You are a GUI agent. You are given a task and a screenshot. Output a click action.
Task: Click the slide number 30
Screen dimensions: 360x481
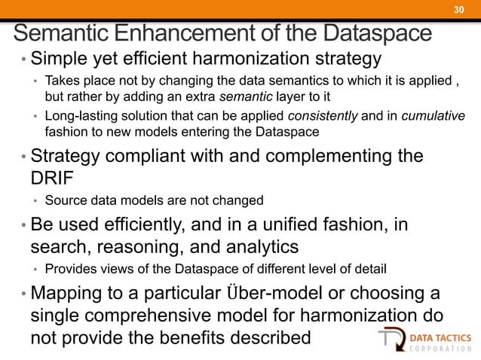pyautogui.click(x=458, y=9)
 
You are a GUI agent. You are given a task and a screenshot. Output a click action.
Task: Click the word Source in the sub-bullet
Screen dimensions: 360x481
pyautogui.click(x=64, y=201)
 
